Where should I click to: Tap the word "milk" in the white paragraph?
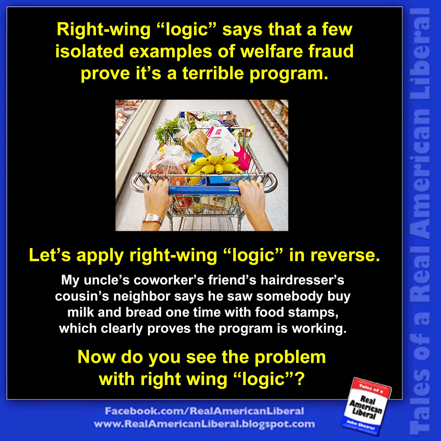point(80,312)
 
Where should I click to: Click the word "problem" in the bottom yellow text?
point(290,357)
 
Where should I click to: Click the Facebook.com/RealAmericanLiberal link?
point(204,411)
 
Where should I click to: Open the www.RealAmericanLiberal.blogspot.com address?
point(204,424)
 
